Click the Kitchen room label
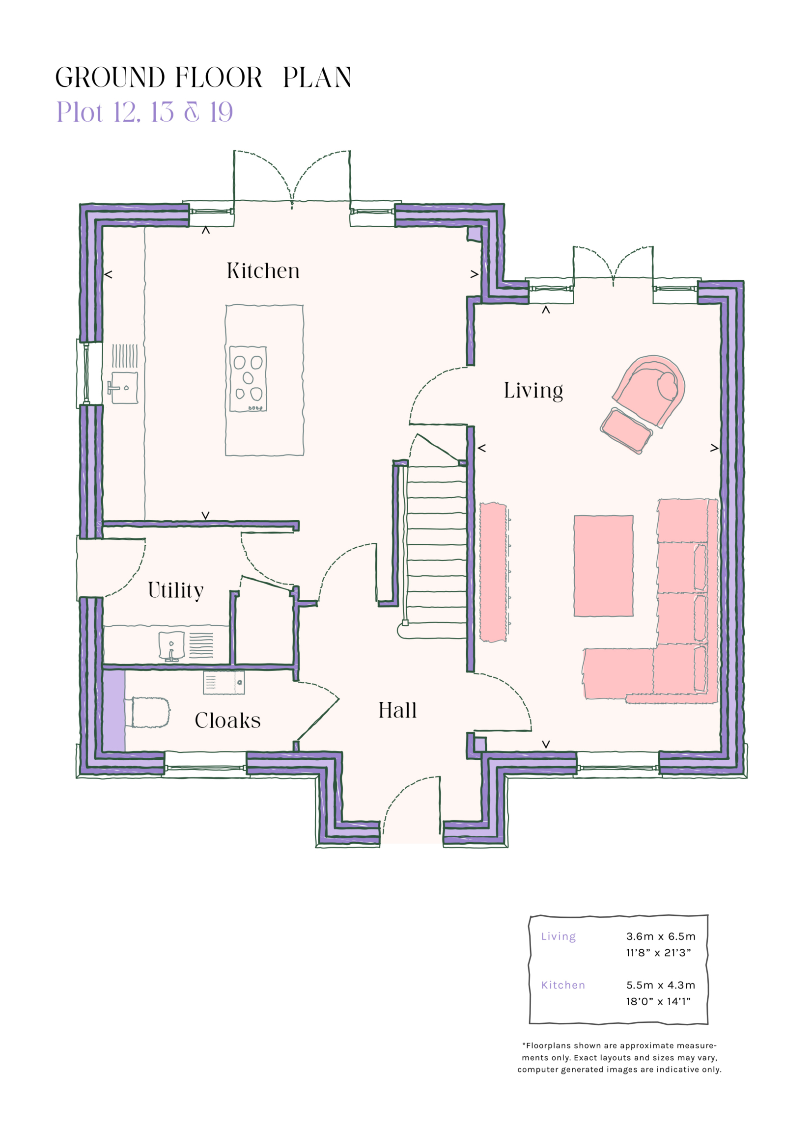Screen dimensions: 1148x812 tap(263, 271)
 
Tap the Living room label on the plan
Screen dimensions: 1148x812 tap(533, 391)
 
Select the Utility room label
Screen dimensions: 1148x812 tap(175, 590)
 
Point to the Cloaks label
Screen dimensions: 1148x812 tap(227, 721)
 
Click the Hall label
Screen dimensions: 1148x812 tap(397, 711)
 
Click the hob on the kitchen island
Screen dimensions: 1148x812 tap(248, 378)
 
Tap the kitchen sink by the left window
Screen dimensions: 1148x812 tap(124, 388)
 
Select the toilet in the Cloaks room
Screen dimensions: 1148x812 tap(150, 713)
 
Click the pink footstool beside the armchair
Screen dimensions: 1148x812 tap(626, 430)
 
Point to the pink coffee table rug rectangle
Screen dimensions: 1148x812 tap(603, 565)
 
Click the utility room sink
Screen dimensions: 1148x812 tap(171, 645)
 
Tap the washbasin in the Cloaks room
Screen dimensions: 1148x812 tap(224, 683)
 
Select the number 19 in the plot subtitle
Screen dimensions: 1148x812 tap(221, 112)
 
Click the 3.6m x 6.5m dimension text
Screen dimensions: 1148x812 tap(660, 936)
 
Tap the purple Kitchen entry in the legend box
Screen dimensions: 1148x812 tap(563, 986)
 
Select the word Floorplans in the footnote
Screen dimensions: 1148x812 tap(548, 1045)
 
